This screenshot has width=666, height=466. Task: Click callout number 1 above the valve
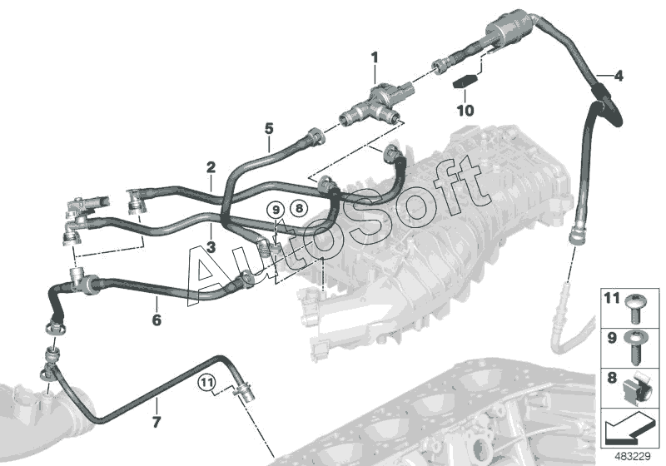(x=375, y=57)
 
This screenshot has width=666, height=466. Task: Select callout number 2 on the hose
(x=211, y=168)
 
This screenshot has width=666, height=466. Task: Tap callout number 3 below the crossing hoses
(x=211, y=247)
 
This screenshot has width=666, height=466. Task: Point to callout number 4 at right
(x=618, y=77)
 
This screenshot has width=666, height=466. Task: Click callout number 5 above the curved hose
(x=269, y=128)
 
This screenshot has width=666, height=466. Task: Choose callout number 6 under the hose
(x=156, y=320)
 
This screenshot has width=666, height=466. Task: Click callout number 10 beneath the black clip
(x=465, y=109)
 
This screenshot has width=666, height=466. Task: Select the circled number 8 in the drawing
(x=298, y=209)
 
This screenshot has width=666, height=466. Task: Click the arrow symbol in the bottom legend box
(x=629, y=431)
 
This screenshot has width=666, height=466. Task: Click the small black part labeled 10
(x=463, y=83)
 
